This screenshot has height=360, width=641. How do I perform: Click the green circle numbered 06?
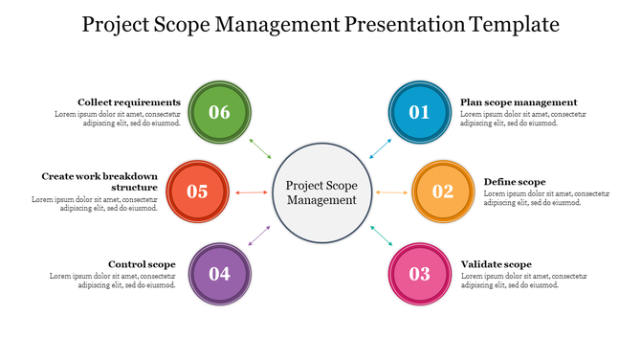(x=219, y=112)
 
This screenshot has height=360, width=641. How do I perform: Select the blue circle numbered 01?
(x=420, y=112)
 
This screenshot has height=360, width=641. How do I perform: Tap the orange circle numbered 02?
(x=442, y=191)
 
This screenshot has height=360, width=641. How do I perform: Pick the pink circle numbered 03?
(x=420, y=274)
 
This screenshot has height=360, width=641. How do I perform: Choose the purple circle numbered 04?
(x=219, y=274)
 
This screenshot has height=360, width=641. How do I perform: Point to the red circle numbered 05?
(x=197, y=191)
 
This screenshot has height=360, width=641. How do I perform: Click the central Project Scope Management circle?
(x=321, y=191)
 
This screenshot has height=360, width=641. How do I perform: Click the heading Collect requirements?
(x=129, y=102)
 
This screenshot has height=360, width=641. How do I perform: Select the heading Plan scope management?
(x=519, y=102)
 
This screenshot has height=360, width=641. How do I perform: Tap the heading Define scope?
(x=515, y=182)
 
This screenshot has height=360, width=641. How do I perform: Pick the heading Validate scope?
(x=496, y=264)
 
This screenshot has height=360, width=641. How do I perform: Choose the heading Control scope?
(x=142, y=264)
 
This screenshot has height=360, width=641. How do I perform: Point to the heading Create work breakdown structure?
(x=99, y=182)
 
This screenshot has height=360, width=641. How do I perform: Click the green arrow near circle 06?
(x=260, y=148)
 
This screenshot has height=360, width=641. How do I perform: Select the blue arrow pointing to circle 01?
(x=380, y=147)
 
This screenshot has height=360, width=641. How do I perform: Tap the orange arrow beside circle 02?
(x=391, y=192)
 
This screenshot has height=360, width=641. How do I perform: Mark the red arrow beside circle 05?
(x=252, y=192)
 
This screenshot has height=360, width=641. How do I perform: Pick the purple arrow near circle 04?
(x=260, y=236)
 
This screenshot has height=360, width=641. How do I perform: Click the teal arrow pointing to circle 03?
(x=380, y=236)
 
